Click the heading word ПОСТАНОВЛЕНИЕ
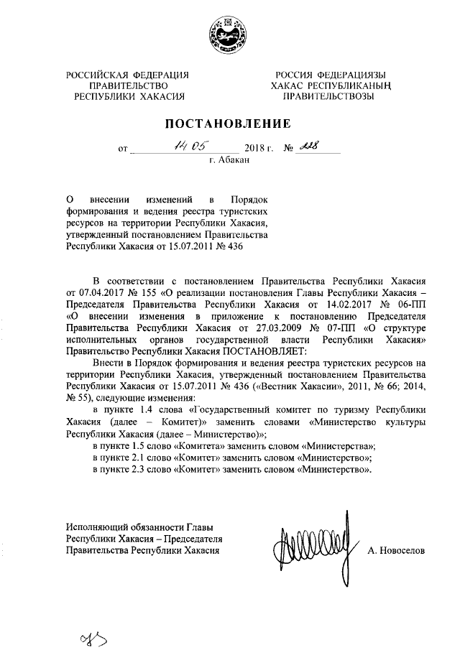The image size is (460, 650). point(231,124)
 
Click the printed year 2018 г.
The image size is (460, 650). point(260,150)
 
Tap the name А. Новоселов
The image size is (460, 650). point(397,550)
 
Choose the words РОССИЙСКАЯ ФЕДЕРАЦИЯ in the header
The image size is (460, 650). point(128,75)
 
